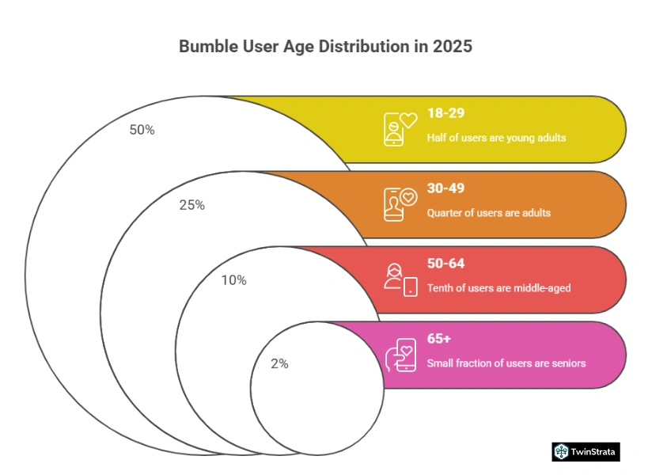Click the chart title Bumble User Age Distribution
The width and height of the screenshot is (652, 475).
tap(325, 46)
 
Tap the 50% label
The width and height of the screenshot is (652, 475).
tap(142, 130)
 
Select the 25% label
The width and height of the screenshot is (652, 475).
tap(191, 205)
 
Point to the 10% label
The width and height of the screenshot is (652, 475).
tap(233, 279)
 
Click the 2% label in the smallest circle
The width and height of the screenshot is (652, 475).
tap(279, 364)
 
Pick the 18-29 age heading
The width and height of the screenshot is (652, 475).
tap(445, 113)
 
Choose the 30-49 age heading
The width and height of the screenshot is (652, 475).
tap(446, 188)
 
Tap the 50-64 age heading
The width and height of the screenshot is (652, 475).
tap(446, 264)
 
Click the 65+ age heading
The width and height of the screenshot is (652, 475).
tap(438, 339)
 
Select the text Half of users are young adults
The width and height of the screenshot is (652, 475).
tap(496, 138)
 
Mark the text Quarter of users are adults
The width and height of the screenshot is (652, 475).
tap(488, 213)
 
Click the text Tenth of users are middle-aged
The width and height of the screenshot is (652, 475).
tap(498, 288)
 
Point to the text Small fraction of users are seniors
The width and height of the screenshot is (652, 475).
tap(506, 363)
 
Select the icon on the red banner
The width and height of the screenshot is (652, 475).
tap(400, 279)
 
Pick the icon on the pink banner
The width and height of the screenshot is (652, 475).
tap(400, 355)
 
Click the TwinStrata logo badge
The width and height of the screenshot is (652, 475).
tap(586, 451)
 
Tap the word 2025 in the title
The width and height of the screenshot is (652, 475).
tap(453, 46)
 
